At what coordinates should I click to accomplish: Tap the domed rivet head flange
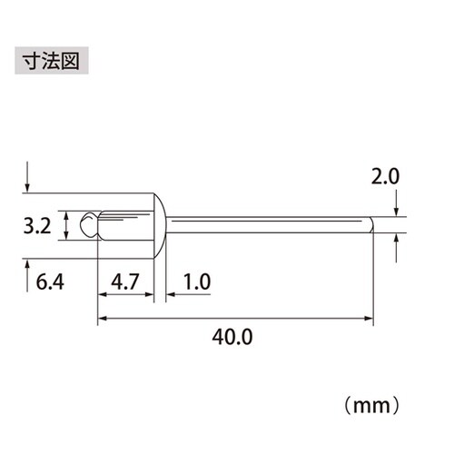[160, 224]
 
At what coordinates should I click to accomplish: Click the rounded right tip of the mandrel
[370, 224]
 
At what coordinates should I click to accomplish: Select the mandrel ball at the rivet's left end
[87, 224]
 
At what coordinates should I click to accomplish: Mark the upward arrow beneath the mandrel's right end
[397, 243]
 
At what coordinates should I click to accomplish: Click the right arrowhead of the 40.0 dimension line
[369, 318]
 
